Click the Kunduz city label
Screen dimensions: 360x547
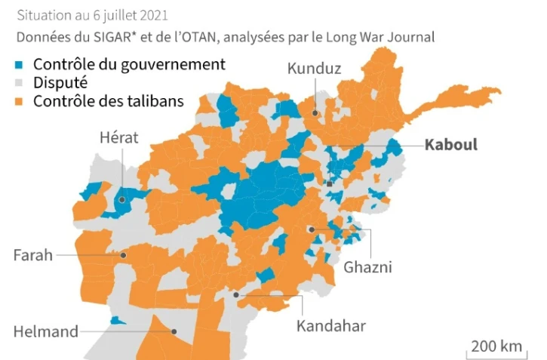(314, 69)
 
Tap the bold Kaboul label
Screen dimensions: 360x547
(450, 144)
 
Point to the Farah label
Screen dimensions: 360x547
(34, 254)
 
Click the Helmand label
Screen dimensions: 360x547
(46, 331)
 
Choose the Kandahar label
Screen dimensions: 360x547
(330, 325)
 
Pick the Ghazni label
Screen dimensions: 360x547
(368, 266)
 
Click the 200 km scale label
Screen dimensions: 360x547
(496, 346)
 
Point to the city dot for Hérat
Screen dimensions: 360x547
(121, 200)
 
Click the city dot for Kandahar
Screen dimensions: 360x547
(236, 294)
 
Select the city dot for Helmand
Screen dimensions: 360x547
(174, 331)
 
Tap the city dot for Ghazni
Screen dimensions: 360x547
(310, 229)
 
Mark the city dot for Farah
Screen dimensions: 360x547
(122, 255)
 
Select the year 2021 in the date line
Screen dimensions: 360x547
(152, 15)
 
